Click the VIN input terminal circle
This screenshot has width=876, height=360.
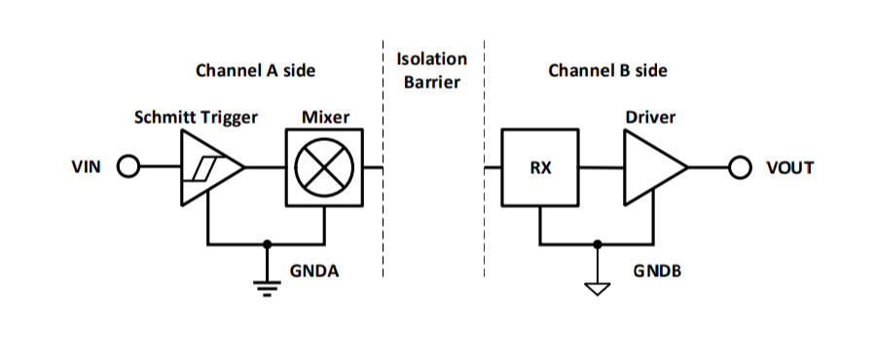[x=128, y=167]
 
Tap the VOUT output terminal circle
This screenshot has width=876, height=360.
[x=741, y=167]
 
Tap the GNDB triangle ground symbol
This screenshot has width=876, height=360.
[x=598, y=290]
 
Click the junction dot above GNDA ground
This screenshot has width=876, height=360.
[x=267, y=244]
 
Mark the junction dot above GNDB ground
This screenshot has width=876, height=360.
[x=598, y=244]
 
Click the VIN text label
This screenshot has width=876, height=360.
[x=87, y=167]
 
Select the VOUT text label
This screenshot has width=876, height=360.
[x=790, y=167]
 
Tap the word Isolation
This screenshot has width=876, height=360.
[x=431, y=58]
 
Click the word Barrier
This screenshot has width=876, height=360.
[x=432, y=82]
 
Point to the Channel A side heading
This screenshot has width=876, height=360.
[x=255, y=71]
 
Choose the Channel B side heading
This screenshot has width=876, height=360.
[x=607, y=71]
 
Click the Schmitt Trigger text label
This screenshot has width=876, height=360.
[x=196, y=118]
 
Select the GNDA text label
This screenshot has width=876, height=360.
[x=314, y=271]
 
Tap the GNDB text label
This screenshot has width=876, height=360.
[x=657, y=271]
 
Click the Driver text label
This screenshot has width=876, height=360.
[x=650, y=117]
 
